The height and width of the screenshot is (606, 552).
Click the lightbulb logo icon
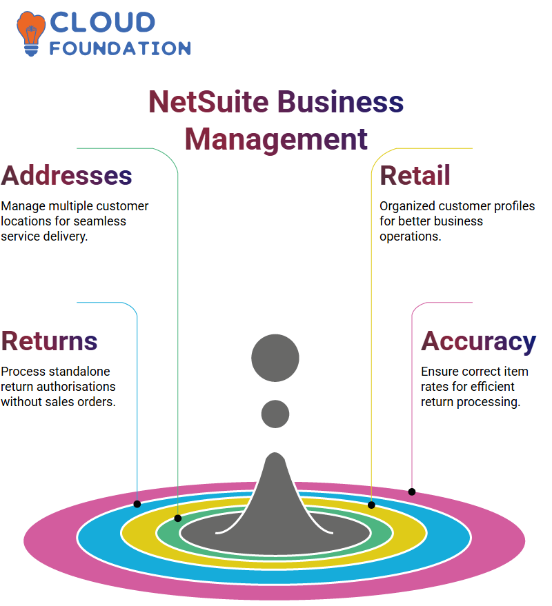tap(30, 34)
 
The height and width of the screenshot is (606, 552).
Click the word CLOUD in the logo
tap(103, 22)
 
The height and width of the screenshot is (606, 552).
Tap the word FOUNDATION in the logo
tap(120, 48)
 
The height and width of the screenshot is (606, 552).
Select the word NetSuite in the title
tap(208, 102)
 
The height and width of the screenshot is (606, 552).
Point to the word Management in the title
tap(276, 139)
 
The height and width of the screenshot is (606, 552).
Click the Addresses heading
tap(66, 176)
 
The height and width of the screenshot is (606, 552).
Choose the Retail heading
tap(415, 176)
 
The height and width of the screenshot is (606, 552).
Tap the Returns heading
tap(49, 341)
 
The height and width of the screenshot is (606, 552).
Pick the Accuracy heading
tap(478, 342)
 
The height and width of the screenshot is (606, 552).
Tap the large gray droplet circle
tap(275, 358)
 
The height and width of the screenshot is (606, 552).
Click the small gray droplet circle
tap(275, 414)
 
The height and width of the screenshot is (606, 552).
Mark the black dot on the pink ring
tap(412, 492)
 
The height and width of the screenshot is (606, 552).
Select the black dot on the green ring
tap(178, 518)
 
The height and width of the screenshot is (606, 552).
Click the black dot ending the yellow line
tap(371, 505)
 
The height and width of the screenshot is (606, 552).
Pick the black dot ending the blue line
tap(137, 504)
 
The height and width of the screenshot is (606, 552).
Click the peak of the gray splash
tap(275, 454)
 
